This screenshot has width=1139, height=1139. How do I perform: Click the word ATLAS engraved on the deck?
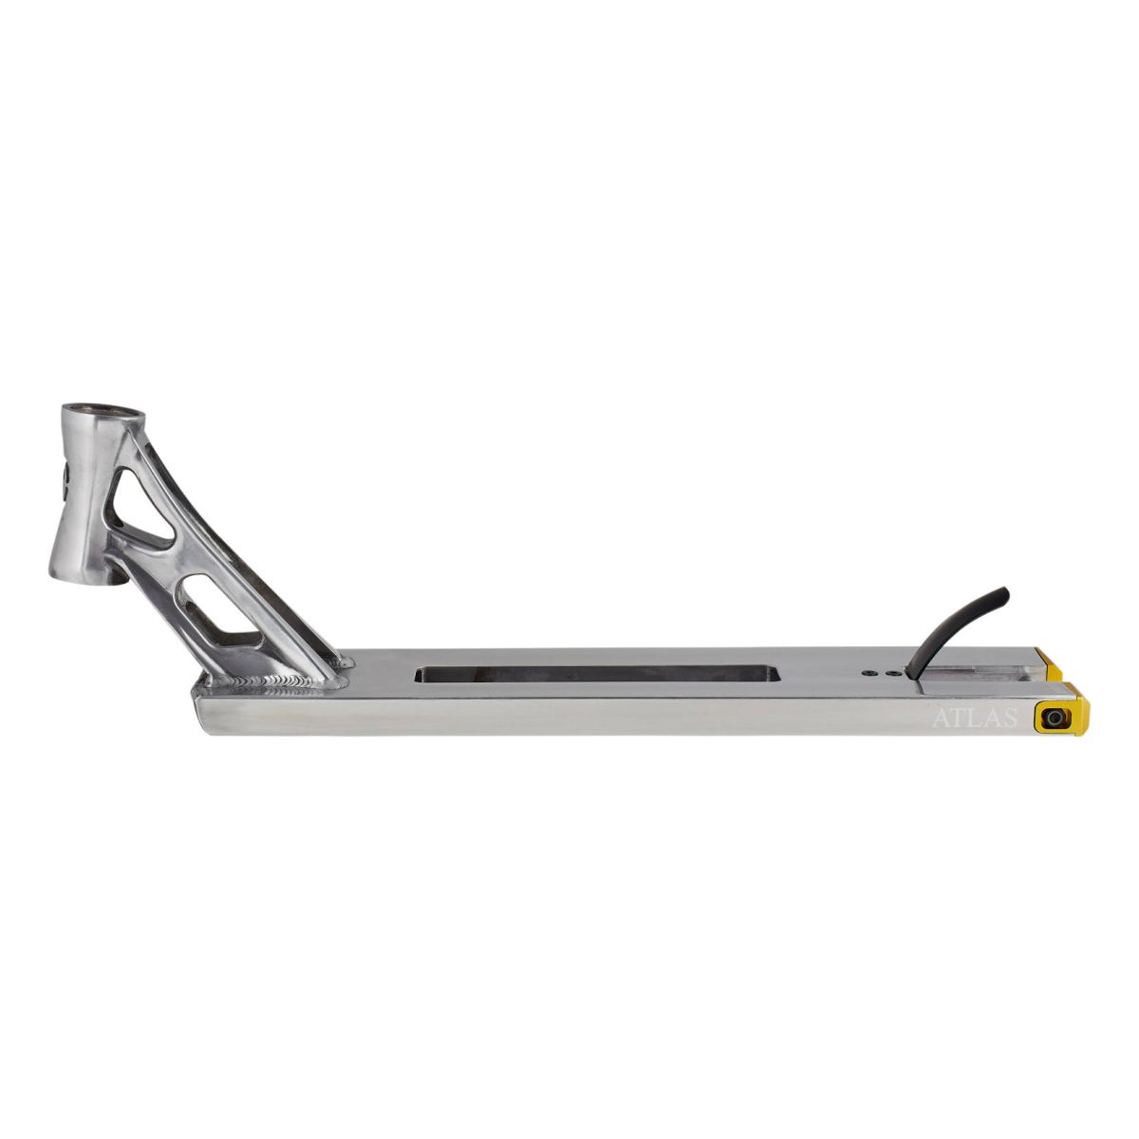pos(975,719)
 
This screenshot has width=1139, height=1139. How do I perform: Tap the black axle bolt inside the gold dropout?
pos(1052,718)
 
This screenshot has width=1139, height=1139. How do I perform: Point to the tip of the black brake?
pos(1007,592)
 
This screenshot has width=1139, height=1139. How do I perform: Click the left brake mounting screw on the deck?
pos(868,673)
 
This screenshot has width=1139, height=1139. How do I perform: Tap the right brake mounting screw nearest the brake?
pos(881,673)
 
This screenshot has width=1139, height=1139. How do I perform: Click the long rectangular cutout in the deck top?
pos(597,674)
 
